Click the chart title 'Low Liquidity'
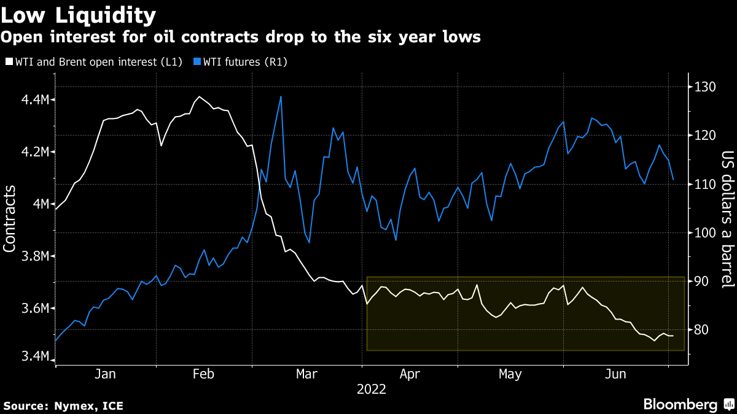(x=78, y=14)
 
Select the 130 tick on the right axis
(x=702, y=86)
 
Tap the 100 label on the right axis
(x=702, y=232)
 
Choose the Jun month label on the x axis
(x=616, y=374)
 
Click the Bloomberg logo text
(x=680, y=404)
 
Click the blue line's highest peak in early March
(x=281, y=96)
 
